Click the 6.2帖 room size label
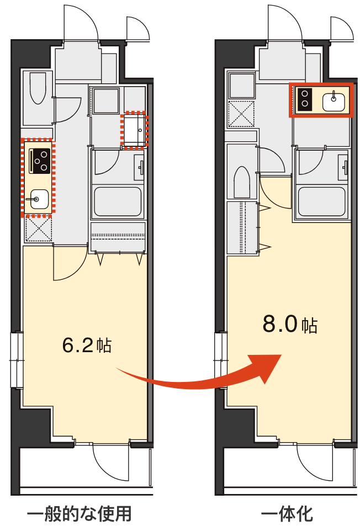tap(87, 345)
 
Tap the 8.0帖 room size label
tap(290, 324)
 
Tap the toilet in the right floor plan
tap(242, 182)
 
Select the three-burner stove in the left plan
tap(40, 160)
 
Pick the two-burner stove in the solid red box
tap(304, 98)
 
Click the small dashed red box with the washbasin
tap(135, 130)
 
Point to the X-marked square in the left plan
tap(39, 229)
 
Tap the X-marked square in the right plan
tap(241, 114)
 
